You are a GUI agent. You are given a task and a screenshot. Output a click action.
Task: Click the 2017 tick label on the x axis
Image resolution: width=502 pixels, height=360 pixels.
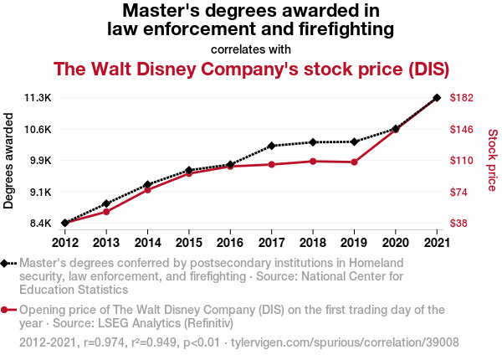click(x=271, y=242)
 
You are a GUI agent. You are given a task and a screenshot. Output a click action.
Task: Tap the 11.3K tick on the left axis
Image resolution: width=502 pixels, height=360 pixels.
click(x=38, y=98)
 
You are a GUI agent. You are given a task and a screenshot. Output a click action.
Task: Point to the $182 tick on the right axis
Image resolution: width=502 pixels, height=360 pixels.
click(x=463, y=98)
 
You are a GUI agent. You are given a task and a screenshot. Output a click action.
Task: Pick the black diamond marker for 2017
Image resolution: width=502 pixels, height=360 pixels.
click(x=271, y=146)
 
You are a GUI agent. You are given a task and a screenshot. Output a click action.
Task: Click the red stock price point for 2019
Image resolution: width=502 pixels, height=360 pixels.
click(x=354, y=162)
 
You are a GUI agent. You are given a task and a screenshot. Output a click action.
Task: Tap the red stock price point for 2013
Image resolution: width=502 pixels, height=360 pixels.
click(x=106, y=211)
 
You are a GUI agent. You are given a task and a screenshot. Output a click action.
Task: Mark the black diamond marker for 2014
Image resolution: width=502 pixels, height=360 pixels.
click(x=147, y=184)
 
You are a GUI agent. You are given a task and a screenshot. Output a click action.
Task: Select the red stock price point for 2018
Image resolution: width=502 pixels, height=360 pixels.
click(x=313, y=161)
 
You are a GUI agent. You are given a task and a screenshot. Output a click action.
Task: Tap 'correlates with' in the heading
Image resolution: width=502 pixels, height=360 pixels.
click(x=251, y=49)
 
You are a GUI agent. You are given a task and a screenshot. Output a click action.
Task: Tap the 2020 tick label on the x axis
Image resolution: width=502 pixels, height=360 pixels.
click(x=395, y=242)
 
